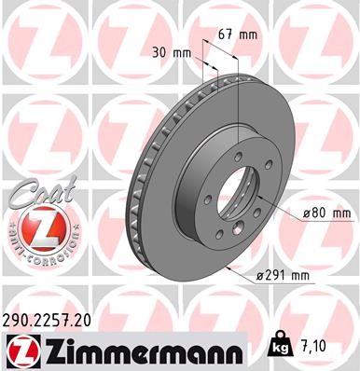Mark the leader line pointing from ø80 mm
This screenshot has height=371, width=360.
pos(284,216)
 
